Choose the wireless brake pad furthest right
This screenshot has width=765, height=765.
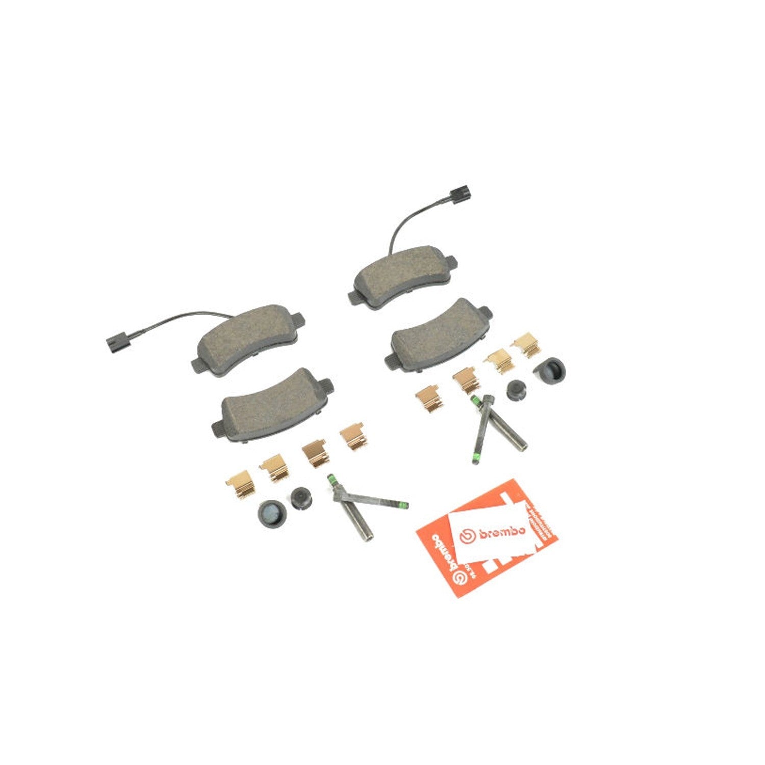click(439, 334)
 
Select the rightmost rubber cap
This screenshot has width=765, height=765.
click(551, 370)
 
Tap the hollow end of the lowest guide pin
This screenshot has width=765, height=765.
click(368, 537)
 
